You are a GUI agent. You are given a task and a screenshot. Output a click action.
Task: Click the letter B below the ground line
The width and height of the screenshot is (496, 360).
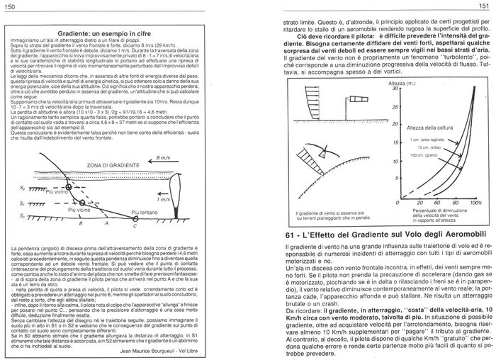[80, 223]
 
